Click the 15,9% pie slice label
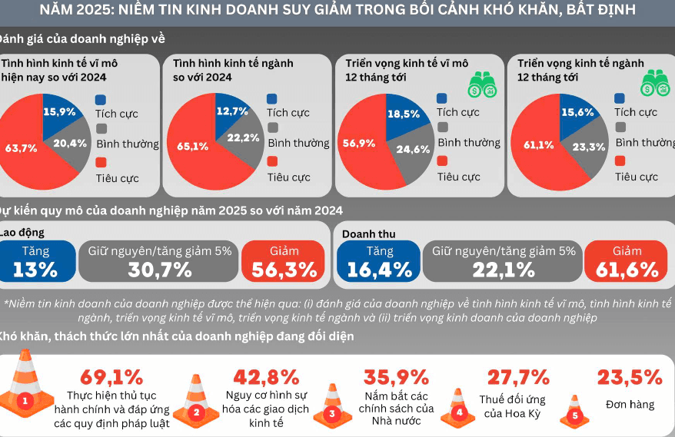58,111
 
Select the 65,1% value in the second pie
193,146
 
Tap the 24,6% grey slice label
414,149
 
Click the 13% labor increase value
35,270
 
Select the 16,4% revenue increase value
379,270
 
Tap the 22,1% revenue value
503,270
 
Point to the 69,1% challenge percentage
111,377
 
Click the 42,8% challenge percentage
268,377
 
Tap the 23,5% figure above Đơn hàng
630,377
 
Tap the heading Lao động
22,233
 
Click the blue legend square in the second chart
272,98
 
